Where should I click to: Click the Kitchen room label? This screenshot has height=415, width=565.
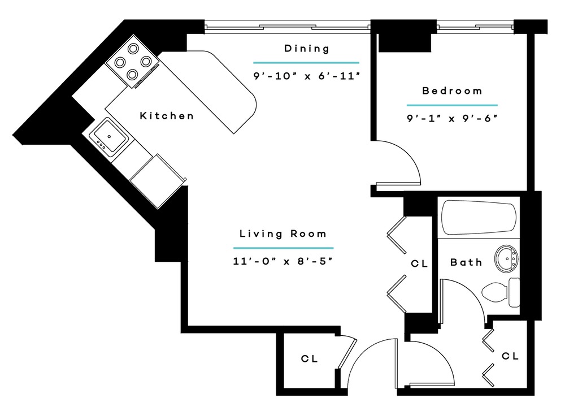pos(167,116)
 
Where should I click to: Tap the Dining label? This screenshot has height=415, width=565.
pos(307,48)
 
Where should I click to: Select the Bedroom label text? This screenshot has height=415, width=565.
pos(452,90)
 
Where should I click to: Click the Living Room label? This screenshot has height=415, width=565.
pos(283,234)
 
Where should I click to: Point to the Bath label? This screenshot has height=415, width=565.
pos(466,262)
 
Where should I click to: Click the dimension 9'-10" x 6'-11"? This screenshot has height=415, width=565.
pos(307,76)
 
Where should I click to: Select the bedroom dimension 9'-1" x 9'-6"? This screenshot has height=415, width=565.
pos(452,118)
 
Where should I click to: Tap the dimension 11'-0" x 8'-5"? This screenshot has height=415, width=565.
pos(282,261)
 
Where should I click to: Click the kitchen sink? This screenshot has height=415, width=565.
pos(108,137)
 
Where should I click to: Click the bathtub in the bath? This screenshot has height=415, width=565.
pos(479,218)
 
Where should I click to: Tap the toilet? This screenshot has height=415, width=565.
pos(501,292)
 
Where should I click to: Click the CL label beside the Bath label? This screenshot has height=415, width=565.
pos(419,263)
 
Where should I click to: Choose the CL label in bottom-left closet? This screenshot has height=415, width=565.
pos(309,359)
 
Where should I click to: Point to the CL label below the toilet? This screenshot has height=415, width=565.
pos(510,356)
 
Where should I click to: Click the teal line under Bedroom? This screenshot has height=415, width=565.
pos(452,105)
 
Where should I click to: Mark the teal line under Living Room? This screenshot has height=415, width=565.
pos(283,248)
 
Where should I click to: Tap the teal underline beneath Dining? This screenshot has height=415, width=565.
pos(306,63)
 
